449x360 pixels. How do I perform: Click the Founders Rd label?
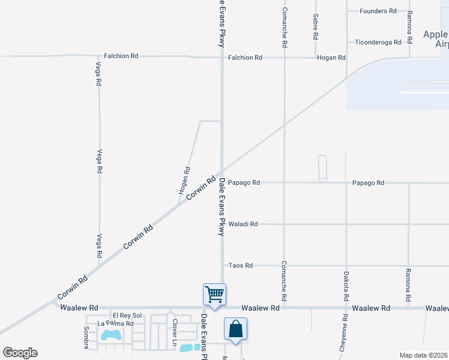coord(378,11)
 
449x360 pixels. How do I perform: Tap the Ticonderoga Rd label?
coord(376,42)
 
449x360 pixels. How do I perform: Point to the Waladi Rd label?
coord(243,224)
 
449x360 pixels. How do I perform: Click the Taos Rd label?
coord(241,265)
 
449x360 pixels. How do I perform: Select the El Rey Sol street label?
coord(127,316)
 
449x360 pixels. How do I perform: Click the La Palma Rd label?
coord(115,324)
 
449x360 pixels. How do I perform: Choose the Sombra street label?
coord(86,338)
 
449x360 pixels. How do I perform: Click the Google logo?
coord(20,353)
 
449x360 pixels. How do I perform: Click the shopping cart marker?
coord(214,295)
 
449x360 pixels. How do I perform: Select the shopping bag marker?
coord(235,329)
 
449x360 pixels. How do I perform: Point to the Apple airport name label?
coord(435,39)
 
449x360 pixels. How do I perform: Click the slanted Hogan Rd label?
coord(184,180)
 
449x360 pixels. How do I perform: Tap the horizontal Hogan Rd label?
coord(331,58)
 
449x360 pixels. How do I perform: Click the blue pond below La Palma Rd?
coord(112,334)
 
